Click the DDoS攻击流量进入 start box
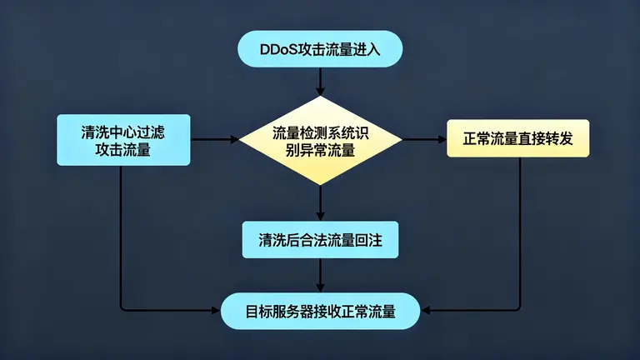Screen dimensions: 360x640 pos(320,49)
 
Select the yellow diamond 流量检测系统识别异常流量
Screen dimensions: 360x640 pos(320,140)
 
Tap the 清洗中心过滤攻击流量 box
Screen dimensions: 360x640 pos(122,140)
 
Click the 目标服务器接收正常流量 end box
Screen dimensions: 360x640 pos(320,311)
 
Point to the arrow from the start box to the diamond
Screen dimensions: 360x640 pos(320,80)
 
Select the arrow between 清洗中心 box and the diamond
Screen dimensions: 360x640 pos(215,140)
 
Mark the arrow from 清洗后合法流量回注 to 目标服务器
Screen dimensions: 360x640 pos(320,275)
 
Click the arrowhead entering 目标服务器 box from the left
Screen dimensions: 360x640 pos(216,311)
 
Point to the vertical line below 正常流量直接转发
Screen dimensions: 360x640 pos(521,233)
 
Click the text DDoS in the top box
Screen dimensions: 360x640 pos(277,49)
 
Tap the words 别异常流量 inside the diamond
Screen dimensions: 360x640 pos(320,150)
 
